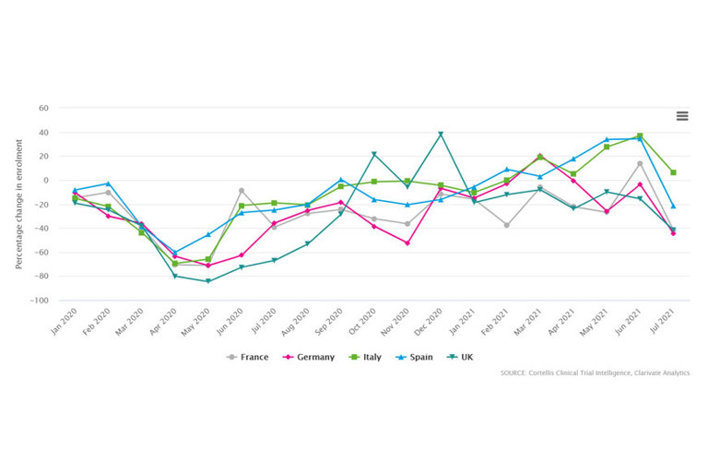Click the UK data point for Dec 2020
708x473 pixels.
coord(441,134)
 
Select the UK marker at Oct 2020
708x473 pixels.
coord(374,154)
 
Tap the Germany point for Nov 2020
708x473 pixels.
coord(407,242)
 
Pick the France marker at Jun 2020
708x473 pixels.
coord(241,191)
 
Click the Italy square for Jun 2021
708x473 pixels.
coord(640,136)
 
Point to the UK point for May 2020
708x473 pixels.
coord(207,281)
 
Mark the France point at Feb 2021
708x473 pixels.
coord(507,225)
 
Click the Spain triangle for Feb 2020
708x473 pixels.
coord(108,183)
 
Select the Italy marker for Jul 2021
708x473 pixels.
coord(673,172)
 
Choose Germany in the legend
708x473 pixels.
coord(310,356)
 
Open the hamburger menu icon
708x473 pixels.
coord(682,115)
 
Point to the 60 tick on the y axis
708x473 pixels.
coord(42,108)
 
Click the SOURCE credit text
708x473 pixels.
coord(595,372)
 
